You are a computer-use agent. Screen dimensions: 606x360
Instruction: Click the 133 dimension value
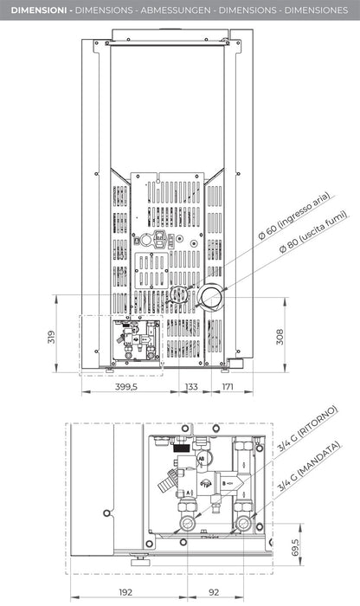click(191, 387)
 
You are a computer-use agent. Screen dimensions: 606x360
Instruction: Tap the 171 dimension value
click(227, 387)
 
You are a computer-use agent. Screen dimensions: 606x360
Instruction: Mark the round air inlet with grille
click(178, 296)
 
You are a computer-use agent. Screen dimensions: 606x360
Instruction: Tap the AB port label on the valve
click(202, 459)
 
